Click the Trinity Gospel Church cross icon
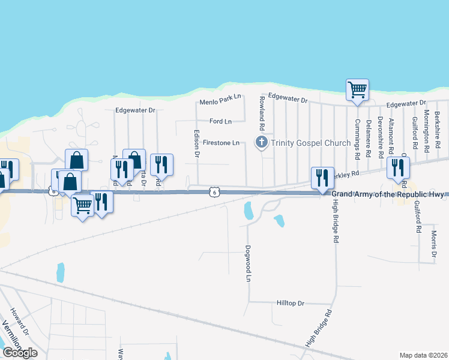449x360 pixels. [262, 143]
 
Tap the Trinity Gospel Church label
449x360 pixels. [310, 143]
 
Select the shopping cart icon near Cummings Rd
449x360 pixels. [357, 90]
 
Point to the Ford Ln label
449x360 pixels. [220, 121]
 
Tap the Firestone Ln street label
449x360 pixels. [221, 143]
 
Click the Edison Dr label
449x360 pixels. [196, 145]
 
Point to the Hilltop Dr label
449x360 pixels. [292, 304]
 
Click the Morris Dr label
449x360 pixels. [434, 245]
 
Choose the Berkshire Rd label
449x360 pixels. [438, 125]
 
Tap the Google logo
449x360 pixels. [19, 352]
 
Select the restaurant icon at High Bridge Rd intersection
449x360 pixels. [322, 178]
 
